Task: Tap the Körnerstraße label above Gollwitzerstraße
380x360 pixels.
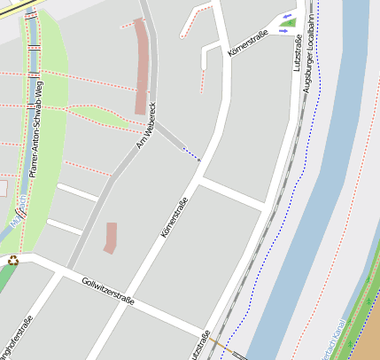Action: click(x=174, y=218)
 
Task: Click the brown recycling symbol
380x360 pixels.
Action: click(x=13, y=260)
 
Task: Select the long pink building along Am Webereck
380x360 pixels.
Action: click(x=140, y=67)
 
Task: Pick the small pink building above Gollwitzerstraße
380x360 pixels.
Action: click(x=110, y=238)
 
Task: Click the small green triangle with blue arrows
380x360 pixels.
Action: click(x=287, y=23)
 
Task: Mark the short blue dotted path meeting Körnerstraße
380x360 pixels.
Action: click(x=190, y=154)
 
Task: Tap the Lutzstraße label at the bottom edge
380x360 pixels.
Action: click(x=200, y=346)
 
